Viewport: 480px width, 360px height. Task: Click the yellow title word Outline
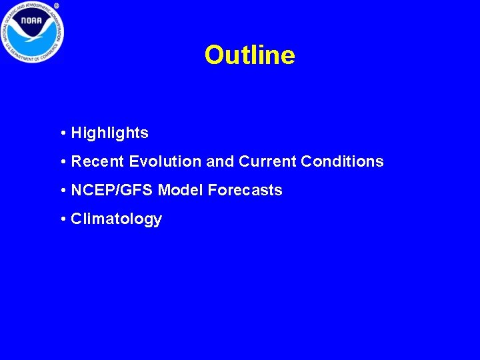249,55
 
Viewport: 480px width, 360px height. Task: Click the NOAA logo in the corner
32,32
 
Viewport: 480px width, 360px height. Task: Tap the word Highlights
109,133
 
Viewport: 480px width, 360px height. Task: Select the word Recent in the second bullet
98,161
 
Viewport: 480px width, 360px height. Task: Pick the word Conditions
342,161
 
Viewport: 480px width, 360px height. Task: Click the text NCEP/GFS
113,190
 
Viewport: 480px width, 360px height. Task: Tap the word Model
181,190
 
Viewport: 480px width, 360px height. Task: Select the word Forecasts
245,190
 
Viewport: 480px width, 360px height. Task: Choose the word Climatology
116,219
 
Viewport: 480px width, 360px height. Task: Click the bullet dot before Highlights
62,133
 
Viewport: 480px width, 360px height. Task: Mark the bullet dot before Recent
62,162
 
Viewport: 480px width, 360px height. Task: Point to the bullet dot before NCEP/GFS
62,191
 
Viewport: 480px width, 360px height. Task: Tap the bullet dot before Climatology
62,219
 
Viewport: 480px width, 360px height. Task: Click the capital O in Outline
215,55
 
